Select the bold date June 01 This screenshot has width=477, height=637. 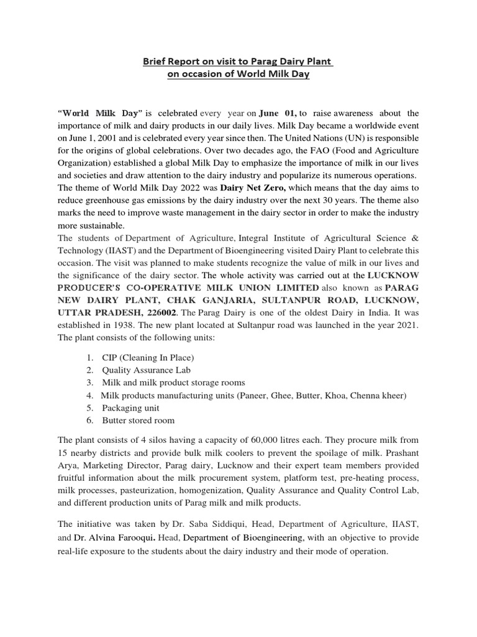point(278,113)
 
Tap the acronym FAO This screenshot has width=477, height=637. point(294,150)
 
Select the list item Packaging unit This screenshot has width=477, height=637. point(130,408)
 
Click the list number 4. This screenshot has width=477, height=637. point(89,396)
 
